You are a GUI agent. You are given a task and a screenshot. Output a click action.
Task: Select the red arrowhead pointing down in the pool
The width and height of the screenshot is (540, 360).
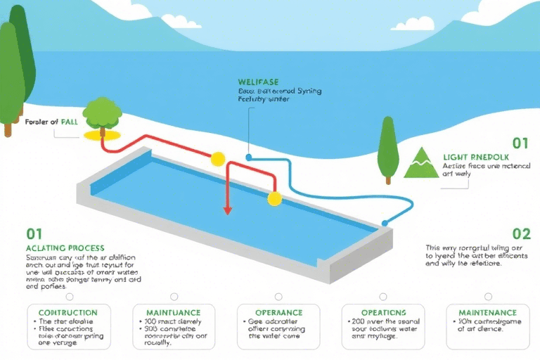(x=227, y=209)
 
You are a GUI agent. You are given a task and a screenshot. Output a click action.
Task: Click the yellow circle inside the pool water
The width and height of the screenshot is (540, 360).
(x=274, y=199)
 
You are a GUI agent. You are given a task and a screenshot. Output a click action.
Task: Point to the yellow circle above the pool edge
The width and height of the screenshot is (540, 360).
(x=218, y=158)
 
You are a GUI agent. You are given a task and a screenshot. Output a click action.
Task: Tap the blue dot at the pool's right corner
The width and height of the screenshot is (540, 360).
(x=385, y=224)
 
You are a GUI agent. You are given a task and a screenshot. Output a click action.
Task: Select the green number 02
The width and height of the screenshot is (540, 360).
(x=521, y=234)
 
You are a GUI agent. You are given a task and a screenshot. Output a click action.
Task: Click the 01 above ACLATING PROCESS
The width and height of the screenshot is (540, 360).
(x=34, y=233)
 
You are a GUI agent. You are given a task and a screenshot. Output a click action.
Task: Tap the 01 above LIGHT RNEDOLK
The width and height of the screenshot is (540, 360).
(x=520, y=143)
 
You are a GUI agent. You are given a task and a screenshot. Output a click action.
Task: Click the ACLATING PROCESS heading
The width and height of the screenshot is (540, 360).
(x=65, y=248)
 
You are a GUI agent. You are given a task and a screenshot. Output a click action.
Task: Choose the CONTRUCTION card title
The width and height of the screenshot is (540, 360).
(x=68, y=312)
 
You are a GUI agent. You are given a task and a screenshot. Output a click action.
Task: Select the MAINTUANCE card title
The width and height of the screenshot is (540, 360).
(x=173, y=312)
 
